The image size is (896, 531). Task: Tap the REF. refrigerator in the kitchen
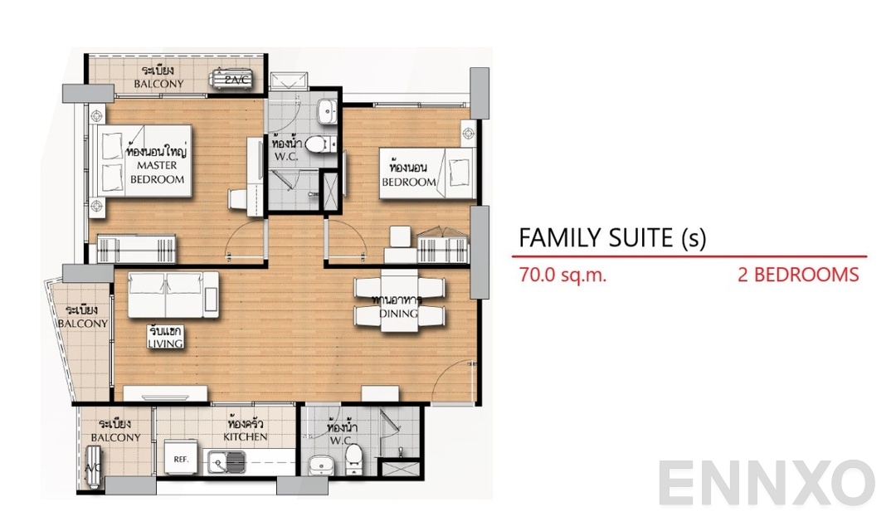pyautogui.click(x=178, y=458)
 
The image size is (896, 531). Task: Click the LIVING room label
pyautogui.click(x=166, y=337)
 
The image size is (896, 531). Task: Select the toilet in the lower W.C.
pyautogui.click(x=353, y=455)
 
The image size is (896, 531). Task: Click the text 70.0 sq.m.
pyautogui.click(x=562, y=275)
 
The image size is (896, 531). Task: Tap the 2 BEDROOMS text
pyautogui.click(x=798, y=275)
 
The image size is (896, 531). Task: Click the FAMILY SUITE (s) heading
pyautogui.click(x=612, y=238)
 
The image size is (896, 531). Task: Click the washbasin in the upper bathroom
pyautogui.click(x=329, y=109)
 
